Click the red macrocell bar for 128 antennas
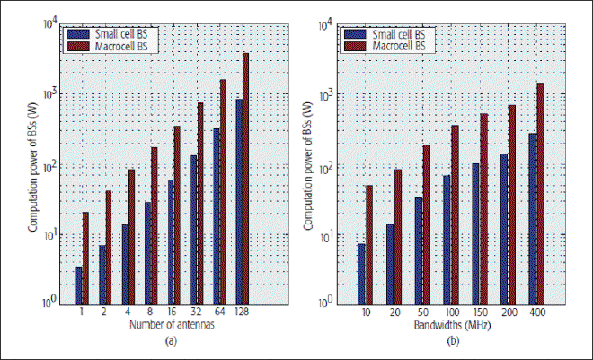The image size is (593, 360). [x=245, y=179]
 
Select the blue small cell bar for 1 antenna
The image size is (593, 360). [x=79, y=285]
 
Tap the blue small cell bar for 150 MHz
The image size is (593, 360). [x=475, y=233]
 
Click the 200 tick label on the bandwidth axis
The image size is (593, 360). [x=508, y=312]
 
